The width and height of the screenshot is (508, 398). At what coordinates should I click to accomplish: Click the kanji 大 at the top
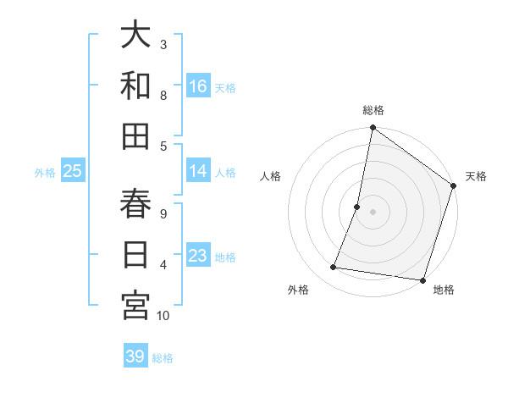pos(135,36)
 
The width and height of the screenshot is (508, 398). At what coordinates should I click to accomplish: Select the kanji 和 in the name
pos(135,85)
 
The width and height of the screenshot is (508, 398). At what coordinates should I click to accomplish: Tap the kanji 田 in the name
pos(135,135)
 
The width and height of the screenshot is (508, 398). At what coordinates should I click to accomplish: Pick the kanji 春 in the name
pos(135,204)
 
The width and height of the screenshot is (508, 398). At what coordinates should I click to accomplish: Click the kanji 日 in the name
pos(135,255)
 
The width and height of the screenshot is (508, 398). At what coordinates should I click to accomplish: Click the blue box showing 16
pos(198,86)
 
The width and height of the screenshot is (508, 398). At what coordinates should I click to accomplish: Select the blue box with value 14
pos(198,172)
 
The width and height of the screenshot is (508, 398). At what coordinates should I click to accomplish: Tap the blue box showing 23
pos(198,257)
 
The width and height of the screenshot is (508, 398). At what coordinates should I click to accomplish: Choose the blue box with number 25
pos(73,172)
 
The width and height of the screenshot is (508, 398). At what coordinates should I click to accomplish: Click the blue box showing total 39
pos(135,357)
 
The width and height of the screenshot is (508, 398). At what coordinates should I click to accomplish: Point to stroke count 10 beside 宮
pos(163,316)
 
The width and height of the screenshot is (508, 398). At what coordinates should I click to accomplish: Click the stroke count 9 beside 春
pos(163,213)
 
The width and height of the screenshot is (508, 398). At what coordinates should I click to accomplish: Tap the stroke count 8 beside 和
pos(163,95)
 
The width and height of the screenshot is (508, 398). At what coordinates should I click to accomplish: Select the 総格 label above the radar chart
pos(373,110)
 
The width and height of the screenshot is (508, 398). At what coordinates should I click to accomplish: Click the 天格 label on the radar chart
pos(476,176)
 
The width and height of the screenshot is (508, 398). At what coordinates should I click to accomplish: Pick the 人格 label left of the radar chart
pos(270,176)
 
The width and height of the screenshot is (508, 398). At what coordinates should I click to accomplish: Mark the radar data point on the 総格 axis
pos(373,129)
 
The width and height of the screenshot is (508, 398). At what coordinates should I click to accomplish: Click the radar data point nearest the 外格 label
pos(334,268)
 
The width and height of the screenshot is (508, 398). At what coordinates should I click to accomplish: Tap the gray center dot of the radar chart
pos(373,212)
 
